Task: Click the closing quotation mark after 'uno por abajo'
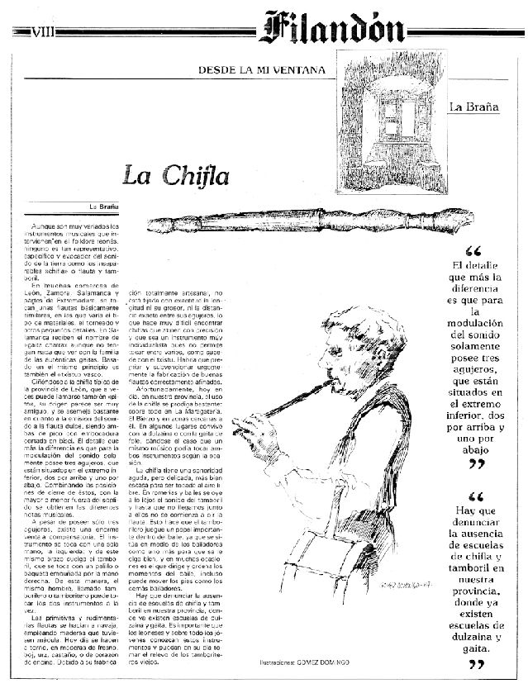tap(473, 465)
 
